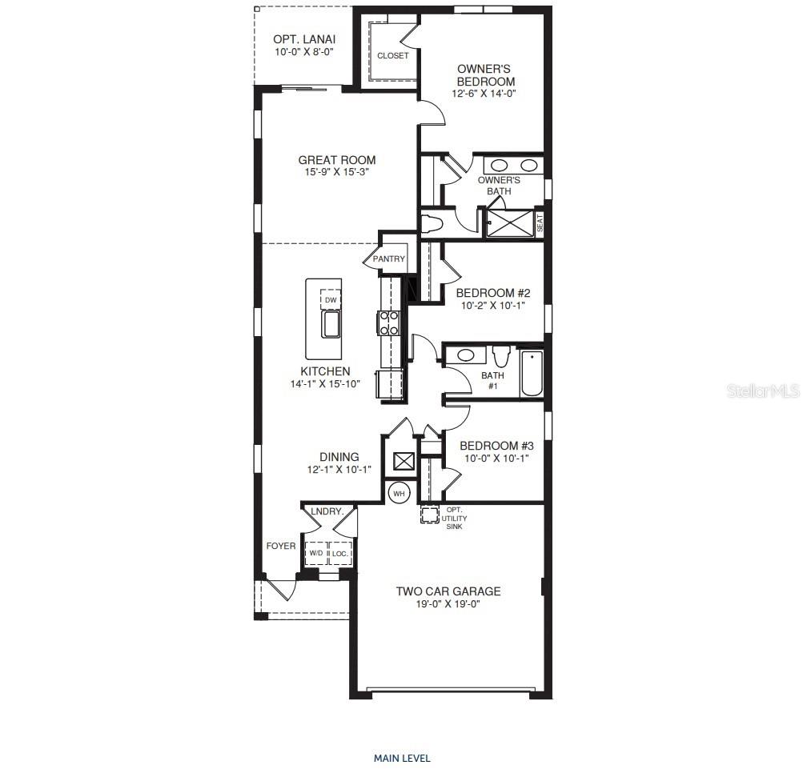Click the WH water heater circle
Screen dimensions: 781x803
coord(399,494)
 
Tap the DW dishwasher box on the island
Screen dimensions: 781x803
coord(330,300)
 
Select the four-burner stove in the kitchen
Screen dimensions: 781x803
coord(388,322)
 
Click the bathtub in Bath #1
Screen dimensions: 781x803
coord(532,374)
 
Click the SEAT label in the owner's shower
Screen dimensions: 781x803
coord(540,221)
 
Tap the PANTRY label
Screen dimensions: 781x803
coord(389,259)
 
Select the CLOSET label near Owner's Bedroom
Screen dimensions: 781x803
coord(392,56)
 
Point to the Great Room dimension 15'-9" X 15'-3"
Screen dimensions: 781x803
coord(336,172)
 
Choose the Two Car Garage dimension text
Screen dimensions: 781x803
coord(448,604)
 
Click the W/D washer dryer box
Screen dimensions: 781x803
coord(316,553)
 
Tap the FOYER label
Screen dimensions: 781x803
coord(281,547)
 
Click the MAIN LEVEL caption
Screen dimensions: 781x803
coord(402,758)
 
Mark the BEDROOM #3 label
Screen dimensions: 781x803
coord(496,446)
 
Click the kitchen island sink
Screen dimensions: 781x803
coord(330,325)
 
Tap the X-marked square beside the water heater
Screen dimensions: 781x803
coord(404,462)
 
